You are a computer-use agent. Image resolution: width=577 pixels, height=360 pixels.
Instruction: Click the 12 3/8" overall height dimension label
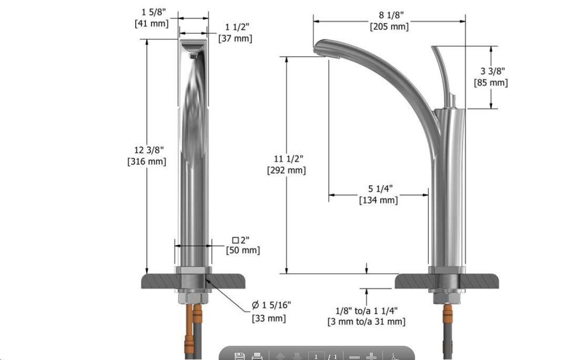point(146,151)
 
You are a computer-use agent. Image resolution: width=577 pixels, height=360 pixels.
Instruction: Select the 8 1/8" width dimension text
point(389,15)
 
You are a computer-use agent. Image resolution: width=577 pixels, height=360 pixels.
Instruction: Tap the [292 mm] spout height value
point(287,170)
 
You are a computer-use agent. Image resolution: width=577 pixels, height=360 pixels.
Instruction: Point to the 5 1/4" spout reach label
point(378,188)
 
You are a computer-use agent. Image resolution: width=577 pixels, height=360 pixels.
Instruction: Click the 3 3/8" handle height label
point(491,71)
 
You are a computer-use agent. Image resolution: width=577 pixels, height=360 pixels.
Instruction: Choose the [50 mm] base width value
point(242,251)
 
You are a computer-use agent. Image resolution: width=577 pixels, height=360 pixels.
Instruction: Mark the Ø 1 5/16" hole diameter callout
point(271,305)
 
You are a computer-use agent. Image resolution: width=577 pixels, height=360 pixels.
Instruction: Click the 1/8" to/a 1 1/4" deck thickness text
point(367,311)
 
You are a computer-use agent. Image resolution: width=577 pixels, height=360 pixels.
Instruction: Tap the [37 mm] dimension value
point(235,38)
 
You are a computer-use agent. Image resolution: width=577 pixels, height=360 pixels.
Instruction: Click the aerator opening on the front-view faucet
point(194,53)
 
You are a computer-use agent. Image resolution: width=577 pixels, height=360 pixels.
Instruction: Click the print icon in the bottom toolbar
point(257,356)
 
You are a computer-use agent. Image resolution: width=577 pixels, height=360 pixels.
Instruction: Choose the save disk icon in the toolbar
point(239,356)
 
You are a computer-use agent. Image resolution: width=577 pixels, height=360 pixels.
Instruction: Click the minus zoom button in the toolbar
point(355,357)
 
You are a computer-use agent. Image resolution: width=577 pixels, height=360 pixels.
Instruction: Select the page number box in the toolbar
point(316,356)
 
